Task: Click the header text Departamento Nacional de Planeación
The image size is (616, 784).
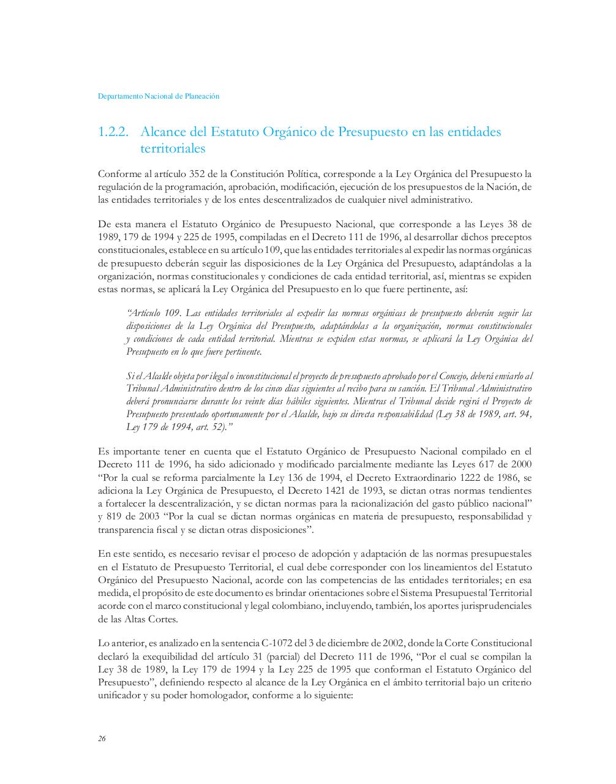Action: (159, 96)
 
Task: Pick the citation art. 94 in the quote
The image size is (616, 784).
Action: (517, 415)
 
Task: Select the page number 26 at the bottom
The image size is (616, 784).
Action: (102, 739)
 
